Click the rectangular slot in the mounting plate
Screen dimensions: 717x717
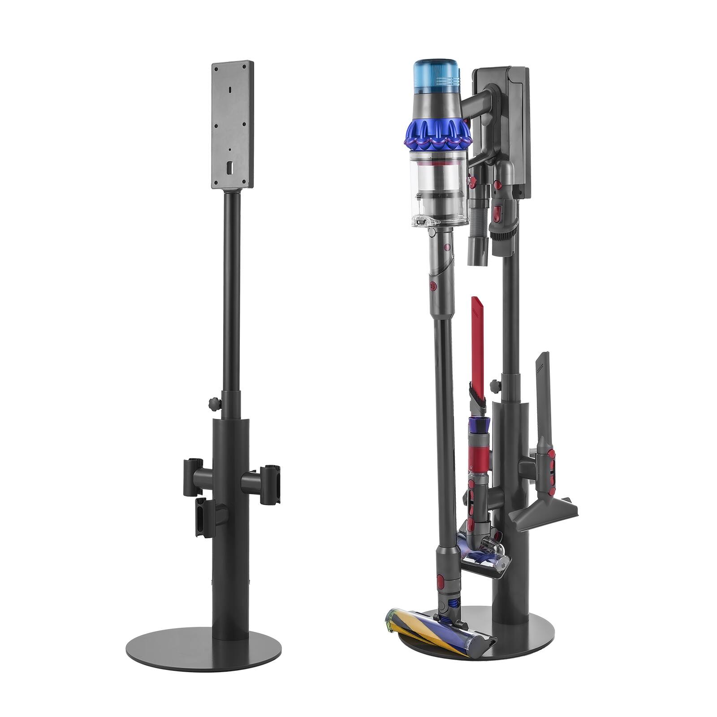click(230, 168)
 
